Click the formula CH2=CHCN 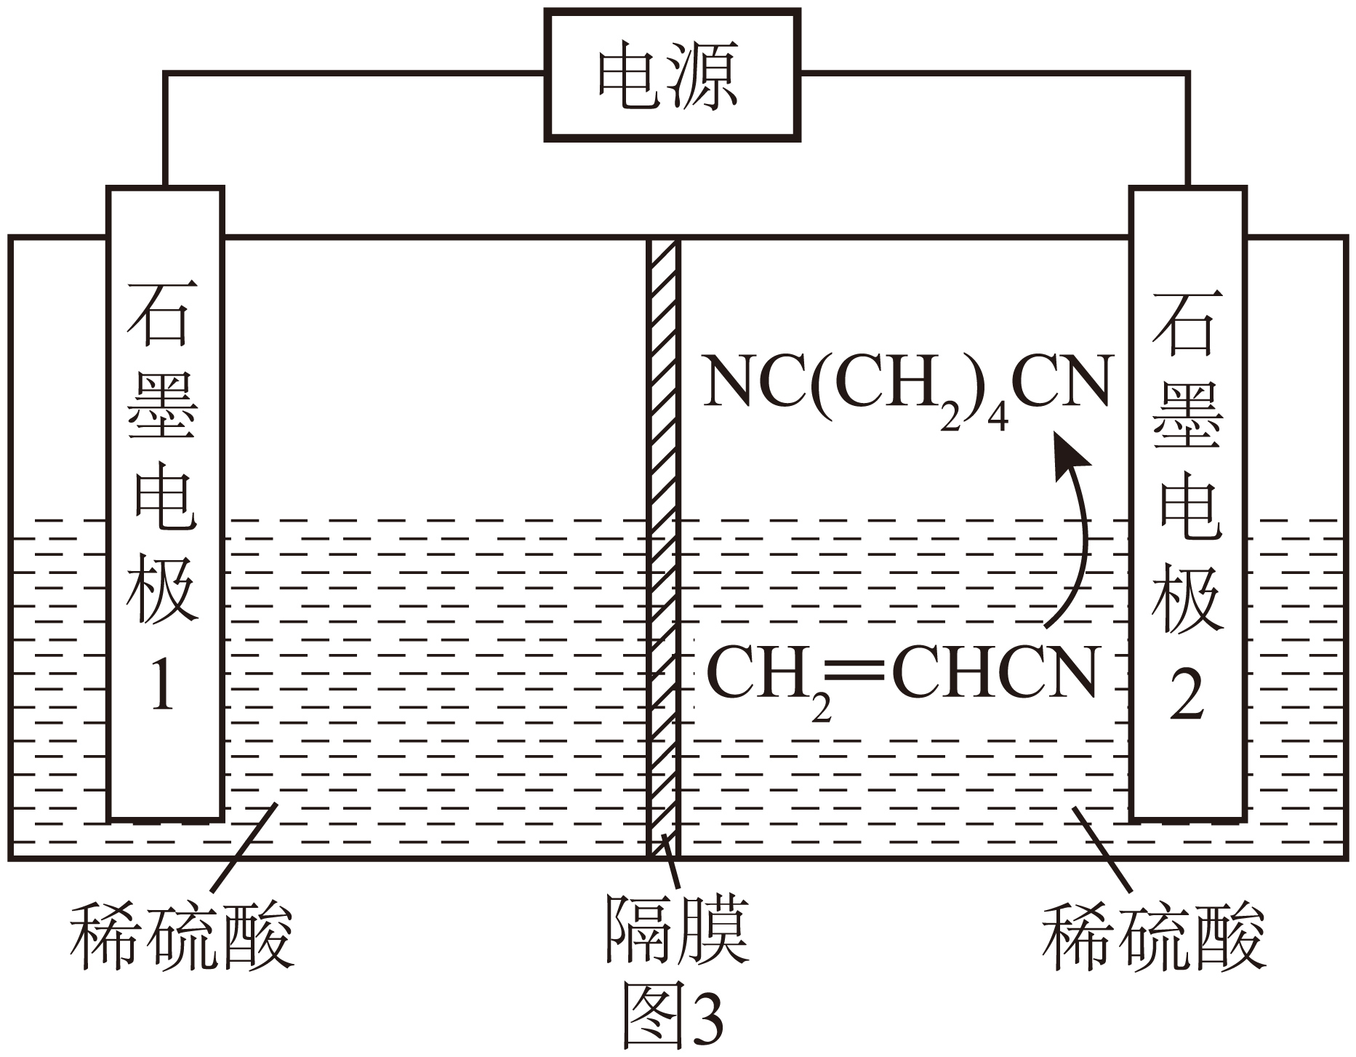[901, 677]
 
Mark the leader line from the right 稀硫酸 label [1102, 847]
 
